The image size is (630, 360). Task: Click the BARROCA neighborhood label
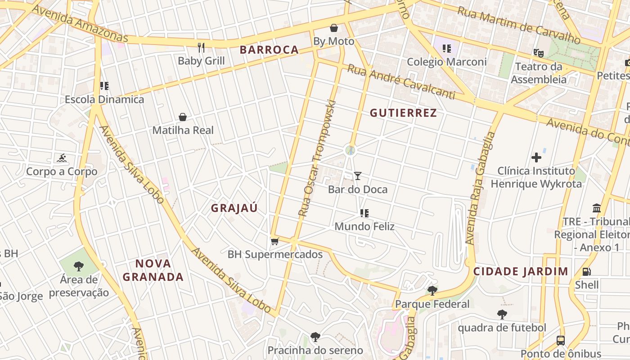(x=269, y=50)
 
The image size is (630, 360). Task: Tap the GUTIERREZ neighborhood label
(x=403, y=113)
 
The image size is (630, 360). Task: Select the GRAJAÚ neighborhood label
(x=234, y=208)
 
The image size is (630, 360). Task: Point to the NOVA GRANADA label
(x=153, y=270)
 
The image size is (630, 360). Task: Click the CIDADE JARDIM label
(x=521, y=271)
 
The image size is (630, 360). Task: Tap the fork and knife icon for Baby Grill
(x=201, y=47)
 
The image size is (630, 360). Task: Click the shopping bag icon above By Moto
(x=334, y=28)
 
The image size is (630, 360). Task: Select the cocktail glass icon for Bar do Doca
(x=358, y=175)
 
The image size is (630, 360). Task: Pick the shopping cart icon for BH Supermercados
(x=275, y=241)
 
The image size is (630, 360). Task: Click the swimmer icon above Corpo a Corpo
(x=62, y=158)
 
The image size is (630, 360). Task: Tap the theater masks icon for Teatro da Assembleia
(x=538, y=53)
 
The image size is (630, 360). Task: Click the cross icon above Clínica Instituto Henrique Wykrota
(x=536, y=157)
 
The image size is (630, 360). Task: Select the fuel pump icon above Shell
(x=586, y=271)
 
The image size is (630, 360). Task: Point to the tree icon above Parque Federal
(x=432, y=290)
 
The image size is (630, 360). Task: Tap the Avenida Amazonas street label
(x=80, y=24)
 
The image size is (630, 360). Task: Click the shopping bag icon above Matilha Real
(x=183, y=117)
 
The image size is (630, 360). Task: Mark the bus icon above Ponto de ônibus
(x=561, y=340)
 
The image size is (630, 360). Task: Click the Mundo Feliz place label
(x=364, y=226)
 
